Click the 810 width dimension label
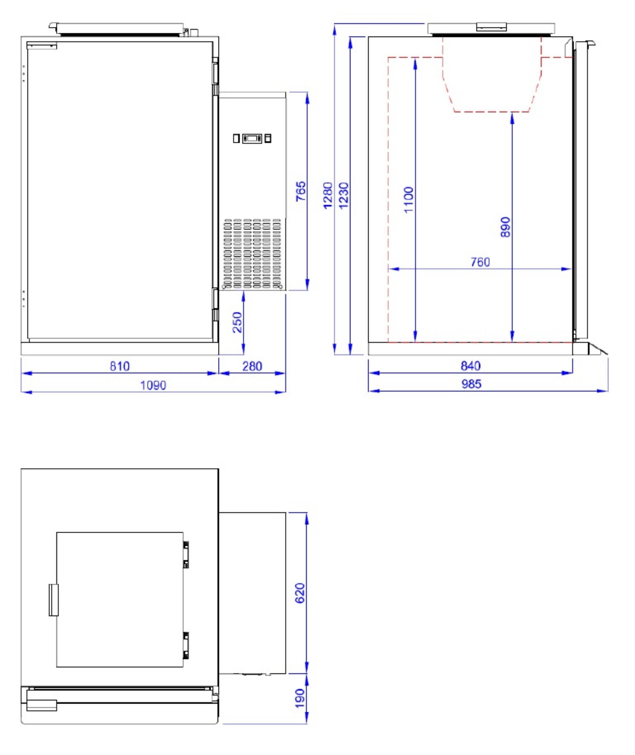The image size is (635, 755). click(119, 366)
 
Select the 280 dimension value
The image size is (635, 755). click(252, 366)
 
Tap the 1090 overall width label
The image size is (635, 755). click(153, 385)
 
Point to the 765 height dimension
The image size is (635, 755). click(300, 191)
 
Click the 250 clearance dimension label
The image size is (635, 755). click(237, 322)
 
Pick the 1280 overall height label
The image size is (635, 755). click(328, 195)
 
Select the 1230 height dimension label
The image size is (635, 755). click(344, 195)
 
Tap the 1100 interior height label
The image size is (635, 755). click(409, 200)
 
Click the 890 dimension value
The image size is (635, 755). click(505, 227)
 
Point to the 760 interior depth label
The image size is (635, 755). click(480, 262)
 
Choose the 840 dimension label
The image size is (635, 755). click(471, 365)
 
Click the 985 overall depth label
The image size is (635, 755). click(471, 384)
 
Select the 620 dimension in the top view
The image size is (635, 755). click(300, 593)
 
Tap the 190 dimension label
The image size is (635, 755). click(300, 698)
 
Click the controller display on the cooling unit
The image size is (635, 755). click(252, 138)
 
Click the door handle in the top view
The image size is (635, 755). click(54, 600)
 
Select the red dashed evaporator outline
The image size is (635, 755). click(491, 112)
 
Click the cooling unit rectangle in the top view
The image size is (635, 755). click(252, 593)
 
